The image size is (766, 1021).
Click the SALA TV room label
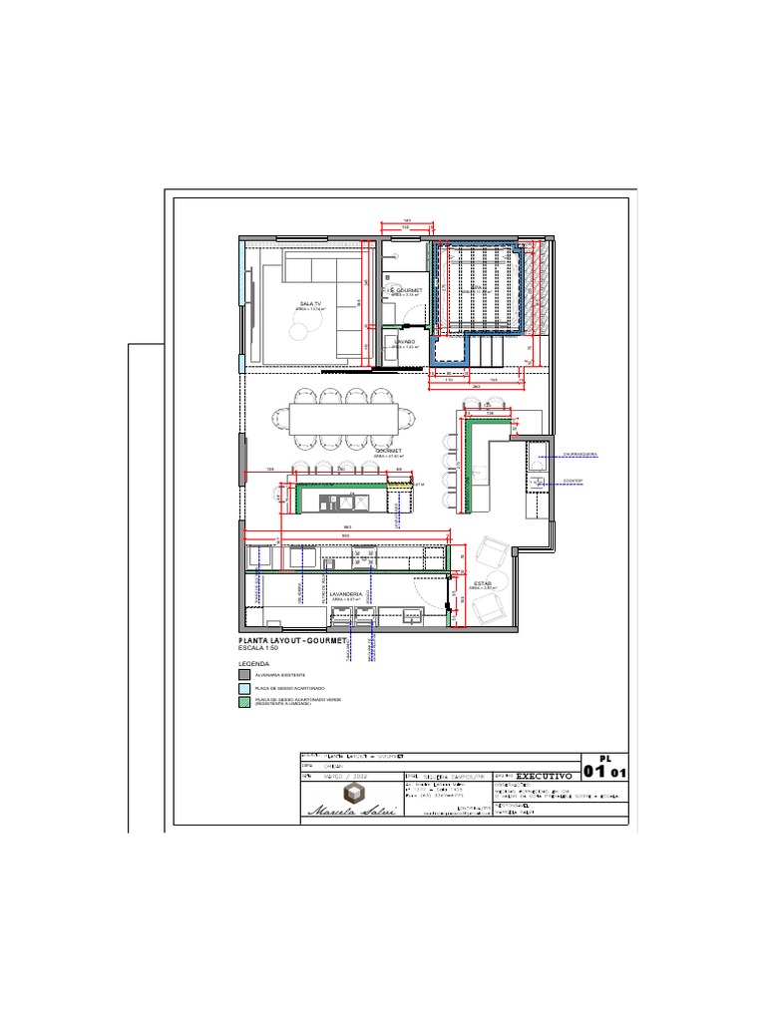[310, 304]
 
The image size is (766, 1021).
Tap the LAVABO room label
[404, 342]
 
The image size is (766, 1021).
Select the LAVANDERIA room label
[345, 593]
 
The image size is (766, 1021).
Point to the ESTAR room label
[483, 583]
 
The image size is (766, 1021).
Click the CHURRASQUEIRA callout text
[579, 454]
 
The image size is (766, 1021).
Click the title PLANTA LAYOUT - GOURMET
[291, 639]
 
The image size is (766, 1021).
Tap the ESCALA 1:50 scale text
[259, 648]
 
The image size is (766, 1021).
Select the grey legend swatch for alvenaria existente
[243, 675]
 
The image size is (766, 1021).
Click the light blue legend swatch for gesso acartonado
[243, 688]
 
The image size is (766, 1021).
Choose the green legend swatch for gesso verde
[243, 702]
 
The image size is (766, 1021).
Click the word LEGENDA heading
[253, 662]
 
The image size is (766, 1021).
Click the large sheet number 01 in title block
[594, 772]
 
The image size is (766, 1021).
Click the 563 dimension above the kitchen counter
[347, 526]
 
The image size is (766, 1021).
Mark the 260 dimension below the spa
[476, 387]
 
